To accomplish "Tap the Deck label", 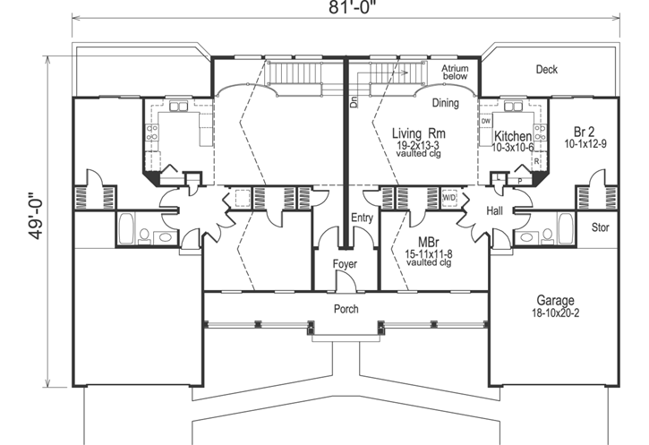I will (x=547, y=69).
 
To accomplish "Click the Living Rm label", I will (x=419, y=132).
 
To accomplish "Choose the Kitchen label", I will (x=513, y=136).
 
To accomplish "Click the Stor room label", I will (x=600, y=227).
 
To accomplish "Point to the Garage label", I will (x=556, y=300).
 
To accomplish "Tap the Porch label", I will (x=346, y=310).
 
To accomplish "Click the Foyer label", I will (x=345, y=264).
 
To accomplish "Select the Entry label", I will (x=363, y=217).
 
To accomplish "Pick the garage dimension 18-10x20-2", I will (x=556, y=313).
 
